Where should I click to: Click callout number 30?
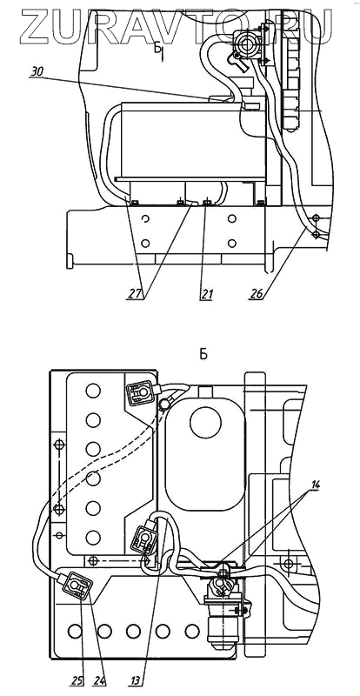pyautogui.click(x=37, y=72)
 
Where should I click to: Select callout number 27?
pyautogui.click(x=137, y=295)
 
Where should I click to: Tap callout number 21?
pyautogui.click(x=206, y=295)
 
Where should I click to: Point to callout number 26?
pyautogui.click(x=256, y=295)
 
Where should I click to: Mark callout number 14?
pyautogui.click(x=314, y=485)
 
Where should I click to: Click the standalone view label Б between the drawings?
pyautogui.click(x=203, y=355)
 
